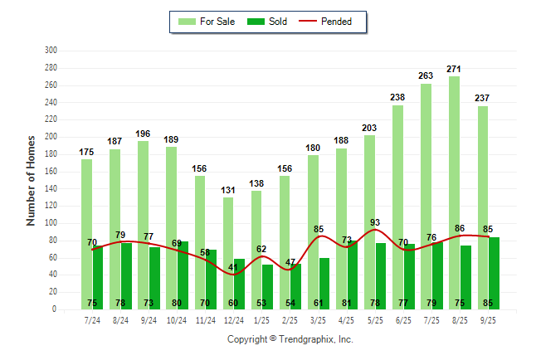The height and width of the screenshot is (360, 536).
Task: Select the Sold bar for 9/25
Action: [494, 274]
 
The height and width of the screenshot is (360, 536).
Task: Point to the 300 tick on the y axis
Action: [51, 50]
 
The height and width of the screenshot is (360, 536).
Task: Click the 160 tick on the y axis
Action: [51, 171]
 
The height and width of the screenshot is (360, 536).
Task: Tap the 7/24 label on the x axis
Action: [92, 320]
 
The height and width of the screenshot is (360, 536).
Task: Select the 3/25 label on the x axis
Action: [318, 320]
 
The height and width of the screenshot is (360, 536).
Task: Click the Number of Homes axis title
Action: [32, 180]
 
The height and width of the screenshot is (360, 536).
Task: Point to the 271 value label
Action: [454, 69]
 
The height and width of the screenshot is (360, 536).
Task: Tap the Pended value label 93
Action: [375, 222]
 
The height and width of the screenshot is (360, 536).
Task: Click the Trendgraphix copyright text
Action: [290, 339]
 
